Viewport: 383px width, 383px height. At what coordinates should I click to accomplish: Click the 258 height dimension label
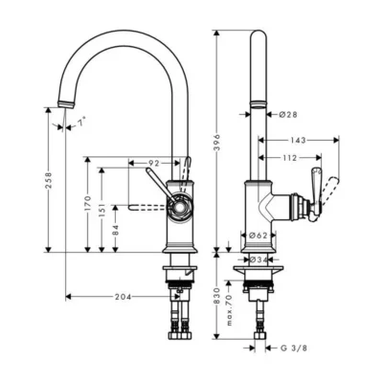tap(48, 180)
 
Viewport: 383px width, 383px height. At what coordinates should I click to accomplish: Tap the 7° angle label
tap(82, 122)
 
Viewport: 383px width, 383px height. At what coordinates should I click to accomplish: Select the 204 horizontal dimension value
tap(123, 297)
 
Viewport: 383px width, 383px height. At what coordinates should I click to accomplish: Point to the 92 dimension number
tap(154, 163)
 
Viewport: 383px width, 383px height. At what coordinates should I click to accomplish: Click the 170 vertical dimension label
tap(88, 204)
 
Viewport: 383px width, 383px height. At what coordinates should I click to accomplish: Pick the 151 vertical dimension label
tap(101, 211)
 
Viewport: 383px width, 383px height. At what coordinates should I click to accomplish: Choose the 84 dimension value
tap(116, 230)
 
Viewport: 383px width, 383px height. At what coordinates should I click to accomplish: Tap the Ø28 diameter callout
tap(288, 114)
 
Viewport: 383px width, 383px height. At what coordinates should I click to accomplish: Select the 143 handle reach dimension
tap(298, 140)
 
